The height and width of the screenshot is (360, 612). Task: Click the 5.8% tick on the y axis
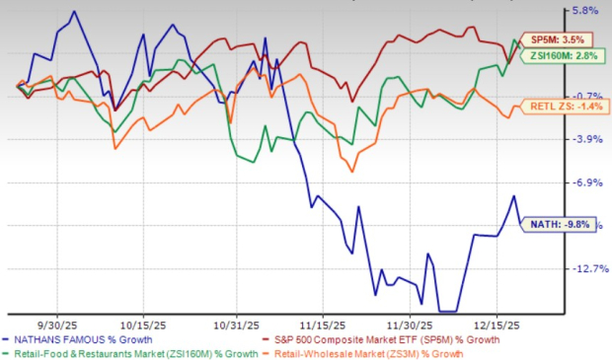[x=585, y=11]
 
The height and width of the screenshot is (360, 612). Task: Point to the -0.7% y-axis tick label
[x=583, y=96]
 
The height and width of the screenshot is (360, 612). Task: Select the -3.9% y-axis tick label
[x=583, y=139]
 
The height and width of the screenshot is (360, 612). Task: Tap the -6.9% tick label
[x=583, y=182]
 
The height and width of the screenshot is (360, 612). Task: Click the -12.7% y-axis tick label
[x=583, y=268]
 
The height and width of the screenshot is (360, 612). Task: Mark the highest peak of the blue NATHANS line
[x=75, y=12]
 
